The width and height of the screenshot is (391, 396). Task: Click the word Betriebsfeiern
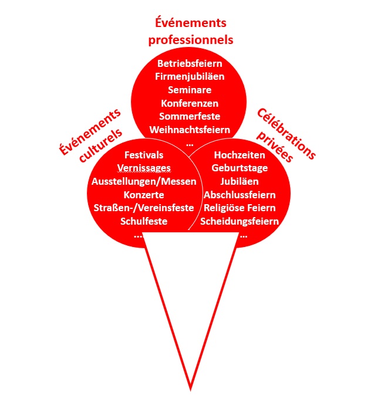[x=190, y=63]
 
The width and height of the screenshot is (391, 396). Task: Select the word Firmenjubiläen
[x=190, y=77]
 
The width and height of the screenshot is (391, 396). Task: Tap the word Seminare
[x=190, y=90]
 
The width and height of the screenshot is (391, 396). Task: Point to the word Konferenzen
[x=190, y=103]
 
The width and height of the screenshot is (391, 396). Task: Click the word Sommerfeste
[x=190, y=116]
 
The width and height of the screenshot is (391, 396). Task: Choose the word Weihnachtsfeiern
[x=190, y=130]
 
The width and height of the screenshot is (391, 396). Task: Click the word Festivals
[x=144, y=155]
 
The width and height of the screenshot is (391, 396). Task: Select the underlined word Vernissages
[x=144, y=168]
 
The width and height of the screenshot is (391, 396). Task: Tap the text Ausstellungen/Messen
[x=144, y=182]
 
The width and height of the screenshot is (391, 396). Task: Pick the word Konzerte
[x=144, y=195]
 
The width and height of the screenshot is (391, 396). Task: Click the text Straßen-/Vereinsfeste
[x=144, y=208]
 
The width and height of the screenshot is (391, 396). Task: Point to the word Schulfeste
[x=144, y=221]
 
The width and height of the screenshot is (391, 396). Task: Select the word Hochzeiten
[x=240, y=155]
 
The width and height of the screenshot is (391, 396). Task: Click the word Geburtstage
[x=240, y=168]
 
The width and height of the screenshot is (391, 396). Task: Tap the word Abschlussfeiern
[x=240, y=195]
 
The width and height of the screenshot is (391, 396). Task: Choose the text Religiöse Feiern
[x=240, y=208]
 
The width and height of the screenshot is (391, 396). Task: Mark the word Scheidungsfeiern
[x=240, y=222]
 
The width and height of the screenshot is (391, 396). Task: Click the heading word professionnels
[x=191, y=40]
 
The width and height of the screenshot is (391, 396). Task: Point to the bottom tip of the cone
[x=190, y=391]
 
